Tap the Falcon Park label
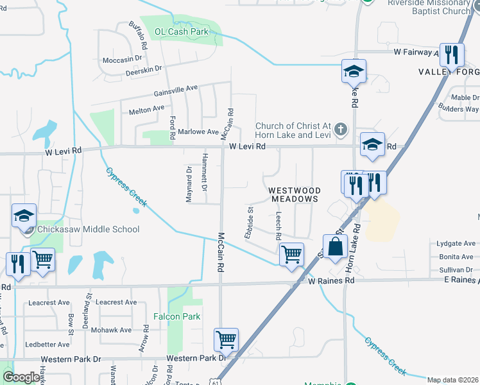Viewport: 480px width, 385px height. click(x=177, y=316)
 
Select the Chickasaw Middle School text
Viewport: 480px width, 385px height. click(x=89, y=229)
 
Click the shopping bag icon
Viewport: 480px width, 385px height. click(x=335, y=246)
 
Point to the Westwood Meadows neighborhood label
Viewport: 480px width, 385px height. click(x=293, y=194)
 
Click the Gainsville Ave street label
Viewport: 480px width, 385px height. click(x=175, y=91)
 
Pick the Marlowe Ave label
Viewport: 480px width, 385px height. click(x=198, y=132)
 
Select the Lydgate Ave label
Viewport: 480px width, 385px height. click(x=456, y=244)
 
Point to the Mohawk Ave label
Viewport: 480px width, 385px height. click(x=111, y=330)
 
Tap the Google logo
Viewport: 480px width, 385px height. click(x=21, y=377)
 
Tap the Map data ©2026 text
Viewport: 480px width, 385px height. click(x=453, y=380)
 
